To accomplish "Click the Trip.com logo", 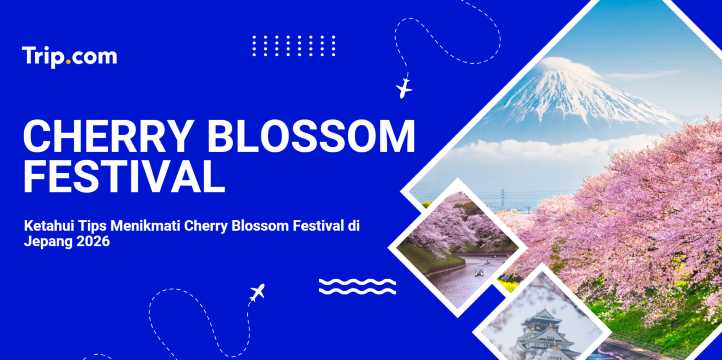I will coord(69,56).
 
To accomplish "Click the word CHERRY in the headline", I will coord(96,136).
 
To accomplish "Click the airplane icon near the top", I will coord(404,88).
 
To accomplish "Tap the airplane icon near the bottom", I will coord(257,294).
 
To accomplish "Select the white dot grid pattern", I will coord(294,45).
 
